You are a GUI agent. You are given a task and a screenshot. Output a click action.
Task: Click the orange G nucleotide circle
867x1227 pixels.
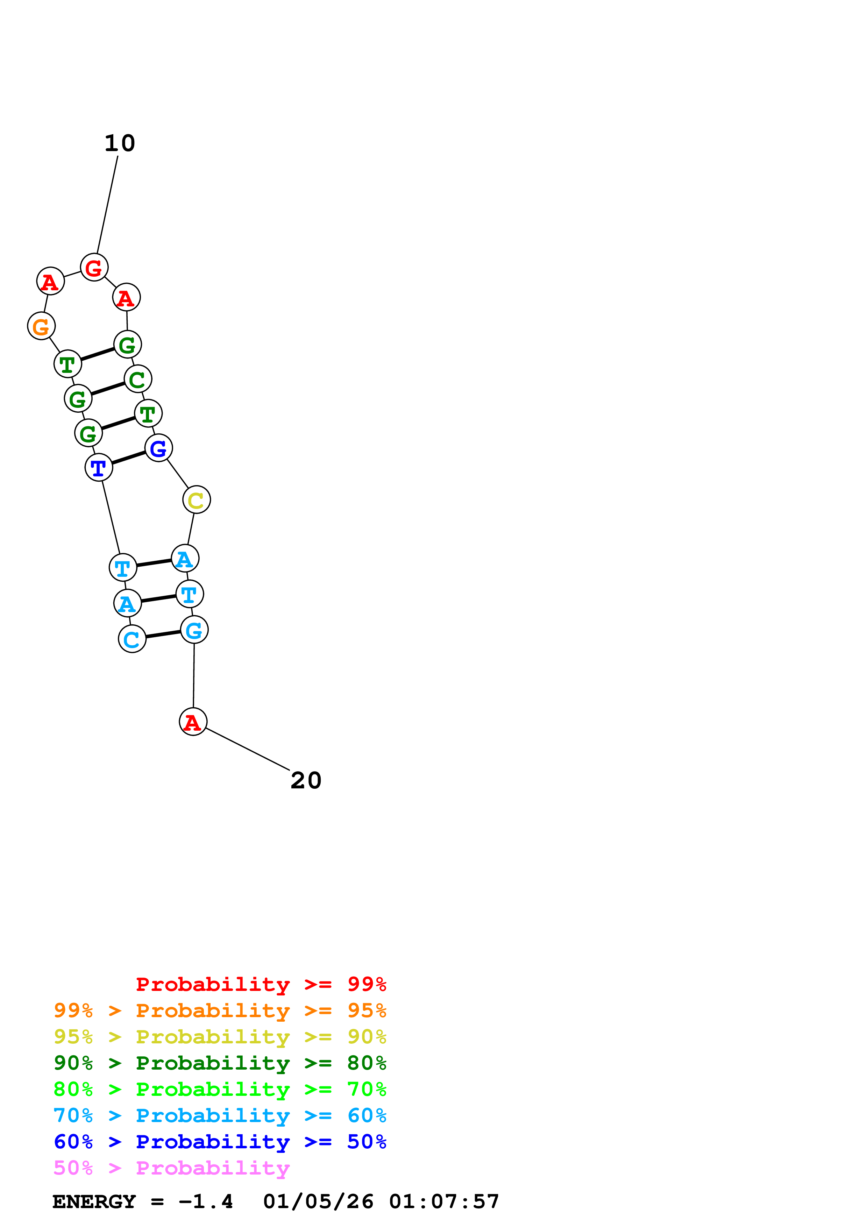coord(41,326)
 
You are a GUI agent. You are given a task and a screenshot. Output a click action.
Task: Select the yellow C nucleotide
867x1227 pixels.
coord(196,500)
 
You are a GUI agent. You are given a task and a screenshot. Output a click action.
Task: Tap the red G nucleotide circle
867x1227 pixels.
coord(94,267)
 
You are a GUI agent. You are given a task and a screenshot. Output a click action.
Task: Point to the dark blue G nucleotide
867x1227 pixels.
coord(159,448)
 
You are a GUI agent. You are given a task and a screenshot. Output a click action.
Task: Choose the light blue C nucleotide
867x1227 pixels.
coord(132,639)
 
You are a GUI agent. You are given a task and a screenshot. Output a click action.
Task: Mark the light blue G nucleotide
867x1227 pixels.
coord(194,630)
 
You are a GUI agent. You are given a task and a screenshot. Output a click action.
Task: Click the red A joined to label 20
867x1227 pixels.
coord(193,722)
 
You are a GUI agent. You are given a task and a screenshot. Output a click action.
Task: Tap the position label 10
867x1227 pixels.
coord(120,143)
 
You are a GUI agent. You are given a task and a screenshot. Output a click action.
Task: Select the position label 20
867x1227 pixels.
coord(306,781)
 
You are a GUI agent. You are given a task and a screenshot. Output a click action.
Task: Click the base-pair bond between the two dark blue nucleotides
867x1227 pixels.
coord(129,458)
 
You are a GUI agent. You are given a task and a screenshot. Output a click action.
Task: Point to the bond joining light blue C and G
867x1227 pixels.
coord(163,634)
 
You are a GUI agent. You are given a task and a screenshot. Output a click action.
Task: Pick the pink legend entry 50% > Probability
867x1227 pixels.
coord(171,1168)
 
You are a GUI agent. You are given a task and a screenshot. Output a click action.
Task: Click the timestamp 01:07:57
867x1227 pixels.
coord(444,1201)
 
